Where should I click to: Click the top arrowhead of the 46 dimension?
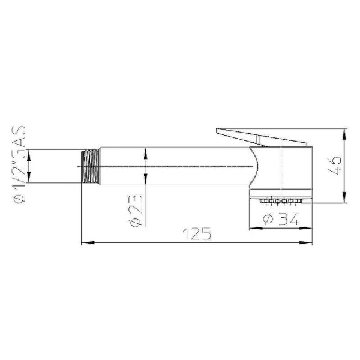click(x=344, y=131)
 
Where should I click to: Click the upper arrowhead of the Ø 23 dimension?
click(x=146, y=151)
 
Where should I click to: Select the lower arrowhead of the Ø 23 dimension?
click(x=146, y=182)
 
